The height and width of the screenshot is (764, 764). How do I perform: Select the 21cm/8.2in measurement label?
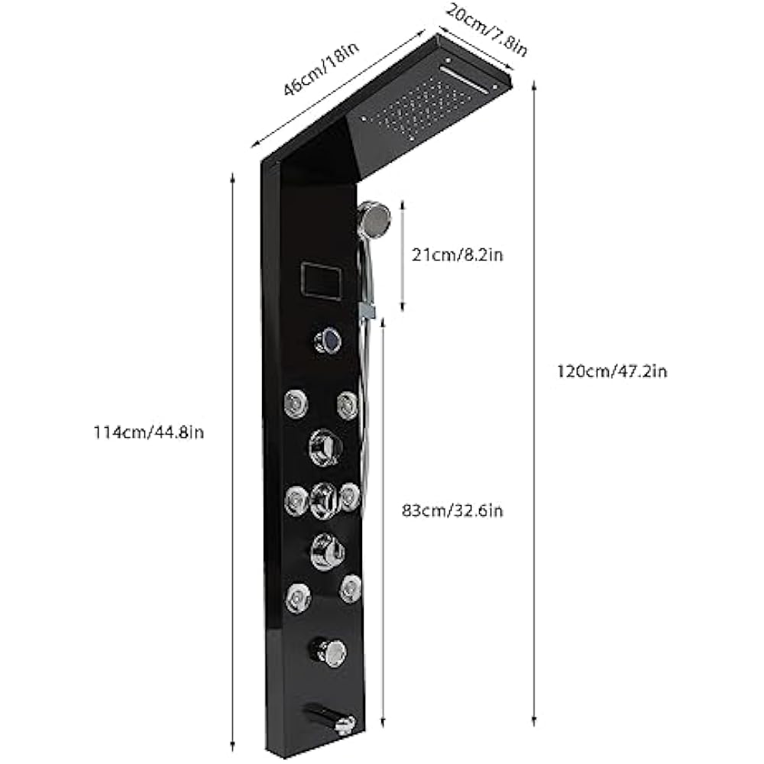(x=458, y=255)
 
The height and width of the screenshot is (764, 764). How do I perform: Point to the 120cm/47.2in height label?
(x=612, y=372)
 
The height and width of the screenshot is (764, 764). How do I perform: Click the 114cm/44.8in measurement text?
(x=148, y=432)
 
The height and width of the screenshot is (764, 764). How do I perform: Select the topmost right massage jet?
(x=348, y=404)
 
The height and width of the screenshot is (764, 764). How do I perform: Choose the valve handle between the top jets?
(x=323, y=447)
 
